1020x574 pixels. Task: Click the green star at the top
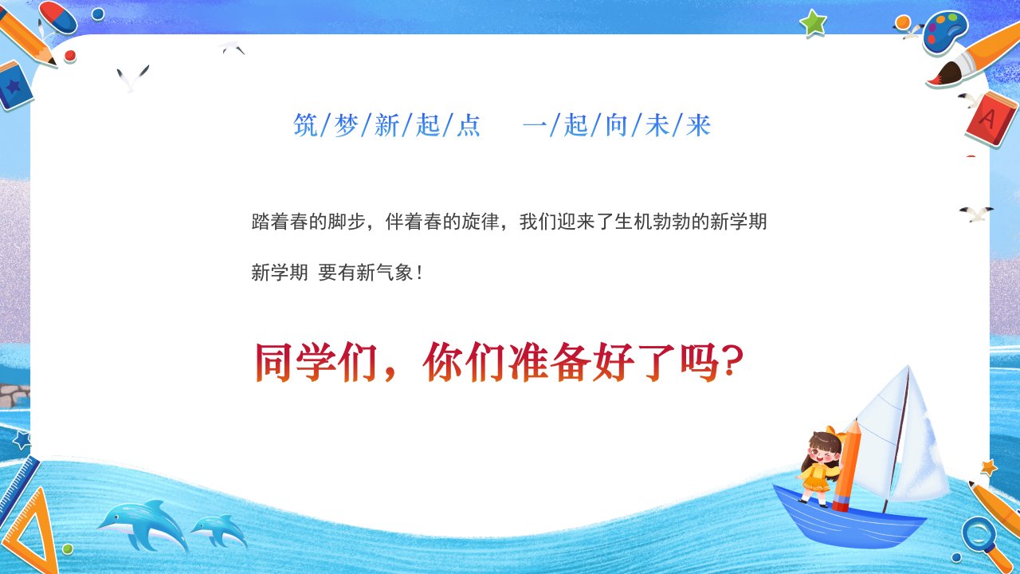[814, 23]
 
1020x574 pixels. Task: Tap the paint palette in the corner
[945, 31]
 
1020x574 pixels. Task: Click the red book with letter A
[991, 120]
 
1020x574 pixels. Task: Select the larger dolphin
[143, 524]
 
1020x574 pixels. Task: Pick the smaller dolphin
[219, 531]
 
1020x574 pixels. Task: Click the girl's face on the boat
[824, 454]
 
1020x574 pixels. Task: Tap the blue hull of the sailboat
[847, 519]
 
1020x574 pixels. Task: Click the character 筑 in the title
[305, 125]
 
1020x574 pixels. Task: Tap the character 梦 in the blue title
[346, 125]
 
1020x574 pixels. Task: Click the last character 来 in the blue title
[698, 125]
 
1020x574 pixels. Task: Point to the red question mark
[732, 361]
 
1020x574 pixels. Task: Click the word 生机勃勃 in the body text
[653, 222]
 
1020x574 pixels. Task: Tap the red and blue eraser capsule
[58, 17]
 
